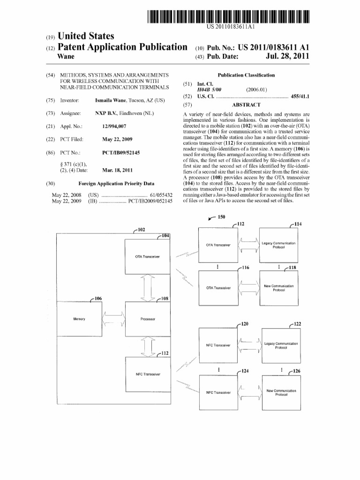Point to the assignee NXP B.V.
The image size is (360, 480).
coord(106,113)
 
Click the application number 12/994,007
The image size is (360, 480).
coord(114,127)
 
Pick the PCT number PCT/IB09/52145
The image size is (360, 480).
coord(121,153)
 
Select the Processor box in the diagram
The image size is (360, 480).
coord(148,319)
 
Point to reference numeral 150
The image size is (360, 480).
coord(221,217)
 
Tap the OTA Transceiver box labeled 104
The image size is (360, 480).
coord(148,257)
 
